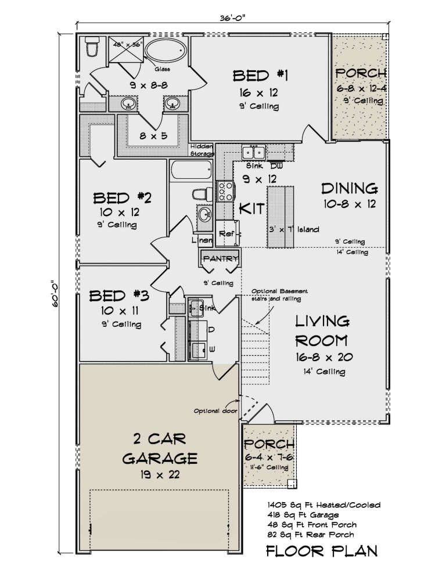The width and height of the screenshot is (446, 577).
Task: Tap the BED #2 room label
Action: click(x=123, y=198)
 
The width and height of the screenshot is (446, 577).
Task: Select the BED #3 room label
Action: click(x=119, y=297)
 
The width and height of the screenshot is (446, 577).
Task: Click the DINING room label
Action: click(x=350, y=188)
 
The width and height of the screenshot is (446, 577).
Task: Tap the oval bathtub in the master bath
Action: click(x=166, y=52)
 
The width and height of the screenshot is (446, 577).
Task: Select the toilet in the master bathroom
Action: click(x=91, y=46)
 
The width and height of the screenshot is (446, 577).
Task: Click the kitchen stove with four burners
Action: click(x=224, y=191)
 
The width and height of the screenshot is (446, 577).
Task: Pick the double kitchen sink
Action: click(x=253, y=153)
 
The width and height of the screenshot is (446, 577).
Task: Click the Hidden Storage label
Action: click(x=202, y=150)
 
